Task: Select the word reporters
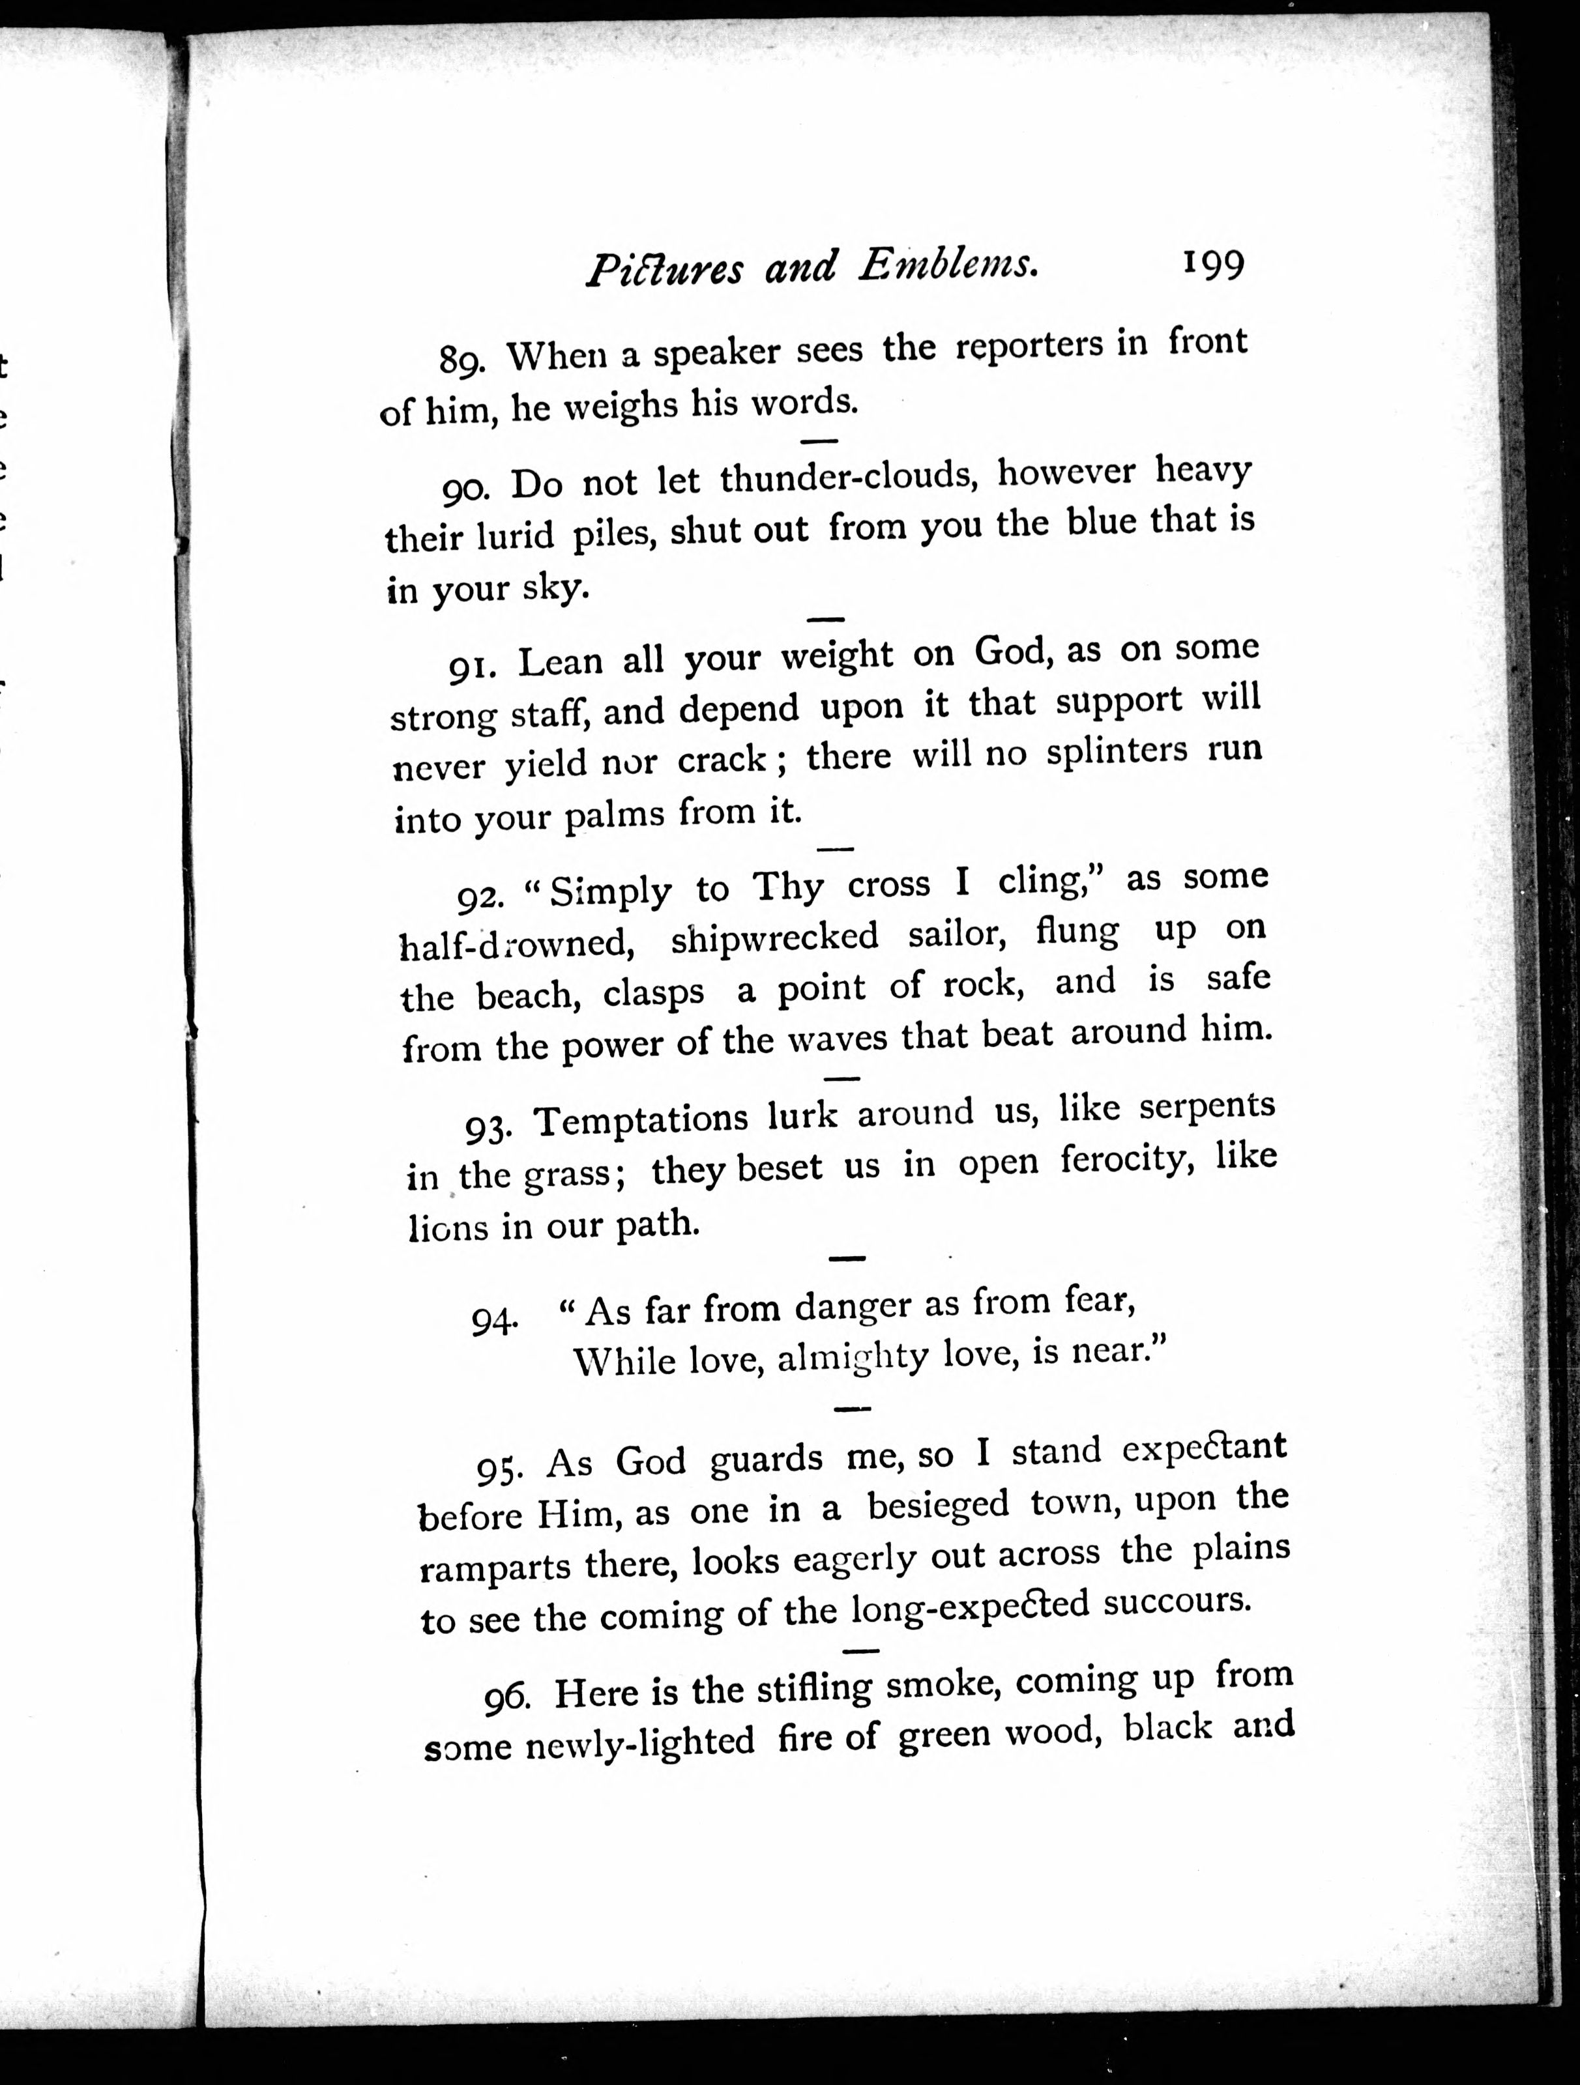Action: [1029, 347]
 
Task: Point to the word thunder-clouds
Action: [845, 477]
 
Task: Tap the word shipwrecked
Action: [775, 936]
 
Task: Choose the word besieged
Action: [938, 1506]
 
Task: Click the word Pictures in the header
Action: [666, 270]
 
